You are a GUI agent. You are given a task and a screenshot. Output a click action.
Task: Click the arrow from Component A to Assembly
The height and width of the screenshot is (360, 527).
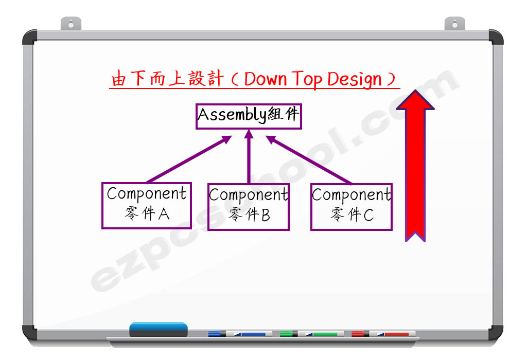click(189, 159)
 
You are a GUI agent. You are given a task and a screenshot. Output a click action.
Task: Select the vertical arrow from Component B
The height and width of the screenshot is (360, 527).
click(249, 156)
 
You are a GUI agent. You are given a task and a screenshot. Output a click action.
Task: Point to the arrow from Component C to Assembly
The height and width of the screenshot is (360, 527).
click(309, 160)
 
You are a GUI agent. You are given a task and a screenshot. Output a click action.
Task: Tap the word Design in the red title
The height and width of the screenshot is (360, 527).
click(354, 80)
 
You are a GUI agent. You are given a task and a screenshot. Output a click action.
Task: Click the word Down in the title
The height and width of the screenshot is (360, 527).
click(266, 79)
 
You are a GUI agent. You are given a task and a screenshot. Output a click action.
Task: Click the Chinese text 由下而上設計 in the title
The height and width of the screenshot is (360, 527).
click(167, 79)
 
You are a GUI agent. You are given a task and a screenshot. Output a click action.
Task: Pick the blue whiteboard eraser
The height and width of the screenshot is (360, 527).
click(159, 330)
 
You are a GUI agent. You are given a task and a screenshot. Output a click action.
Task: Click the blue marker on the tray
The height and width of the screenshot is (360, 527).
click(240, 333)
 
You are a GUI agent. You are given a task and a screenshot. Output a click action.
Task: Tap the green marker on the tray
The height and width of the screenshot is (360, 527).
click(311, 333)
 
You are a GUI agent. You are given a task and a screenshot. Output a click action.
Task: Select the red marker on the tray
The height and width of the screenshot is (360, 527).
click(383, 333)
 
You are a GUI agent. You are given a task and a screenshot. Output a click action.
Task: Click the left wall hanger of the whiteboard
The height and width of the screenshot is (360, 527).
click(71, 24)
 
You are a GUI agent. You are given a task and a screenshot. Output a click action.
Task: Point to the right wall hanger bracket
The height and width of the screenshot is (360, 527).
click(455, 24)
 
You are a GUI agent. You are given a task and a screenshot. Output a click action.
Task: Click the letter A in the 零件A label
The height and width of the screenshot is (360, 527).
click(164, 214)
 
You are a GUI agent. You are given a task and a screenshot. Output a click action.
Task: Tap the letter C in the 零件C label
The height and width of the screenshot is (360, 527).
click(368, 215)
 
